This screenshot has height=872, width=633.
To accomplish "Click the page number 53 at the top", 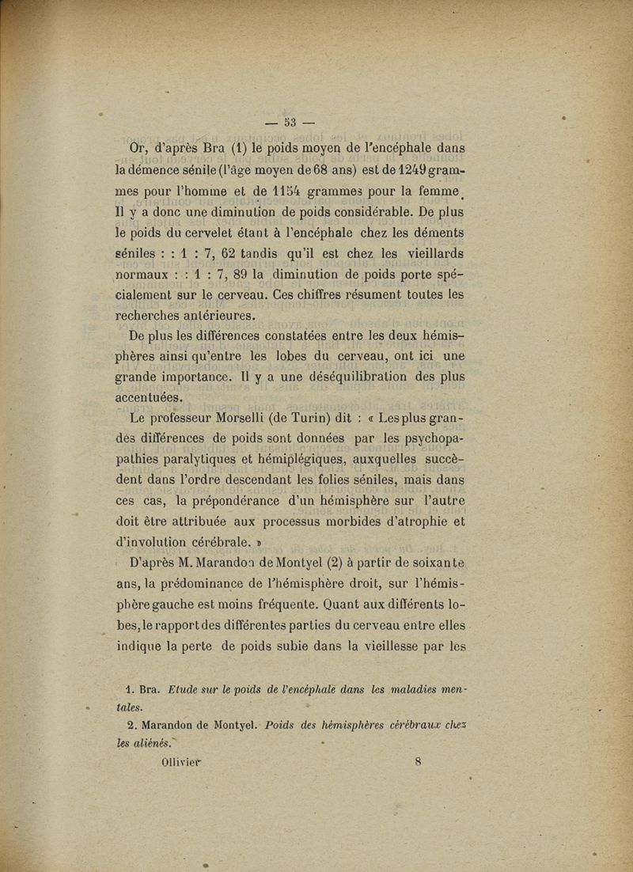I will coord(290,122).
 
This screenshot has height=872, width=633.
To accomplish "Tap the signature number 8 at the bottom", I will coord(418,763).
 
